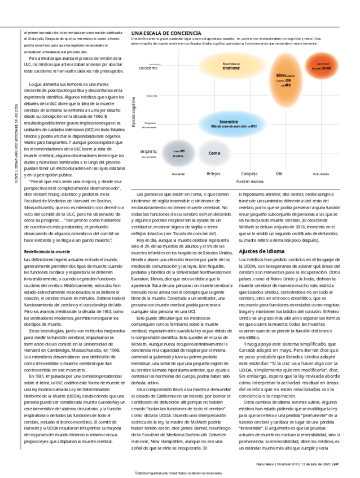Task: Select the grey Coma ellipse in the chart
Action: [214, 153]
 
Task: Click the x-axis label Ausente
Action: [178, 175]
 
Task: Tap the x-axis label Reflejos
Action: [213, 175]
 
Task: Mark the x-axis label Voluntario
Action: [319, 175]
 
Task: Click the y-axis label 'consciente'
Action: [147, 68]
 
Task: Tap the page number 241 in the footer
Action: [336, 464]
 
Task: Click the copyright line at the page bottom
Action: [180, 473]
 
